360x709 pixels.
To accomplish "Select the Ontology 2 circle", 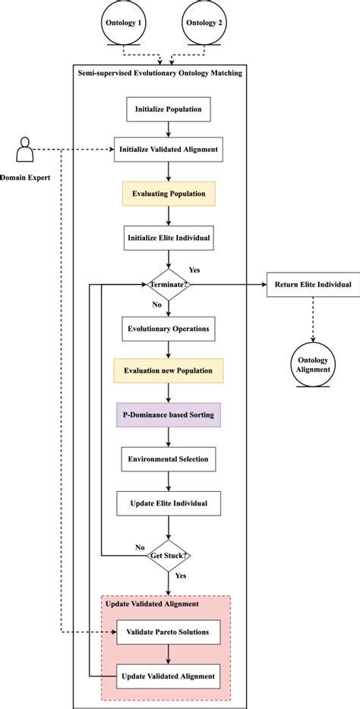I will (x=203, y=23).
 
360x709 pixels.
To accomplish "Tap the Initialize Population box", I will (x=169, y=109).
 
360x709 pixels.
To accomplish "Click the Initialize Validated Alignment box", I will (x=169, y=150).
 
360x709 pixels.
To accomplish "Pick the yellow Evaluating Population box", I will (x=169, y=194).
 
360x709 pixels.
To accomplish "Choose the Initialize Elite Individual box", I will (x=169, y=237).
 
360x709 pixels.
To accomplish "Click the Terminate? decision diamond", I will (x=169, y=285).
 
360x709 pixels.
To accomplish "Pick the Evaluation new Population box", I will (x=169, y=370).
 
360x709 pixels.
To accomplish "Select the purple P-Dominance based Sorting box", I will (x=169, y=415).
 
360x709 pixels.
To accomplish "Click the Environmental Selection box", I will (x=169, y=459).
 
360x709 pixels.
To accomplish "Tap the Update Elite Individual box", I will (x=169, y=503).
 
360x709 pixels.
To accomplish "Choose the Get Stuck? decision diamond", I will (x=169, y=555).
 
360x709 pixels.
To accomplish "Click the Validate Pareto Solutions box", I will (x=169, y=632).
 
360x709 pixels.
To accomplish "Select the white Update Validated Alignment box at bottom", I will (x=169, y=676).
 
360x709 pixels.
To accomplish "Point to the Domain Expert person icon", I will (x=25, y=150).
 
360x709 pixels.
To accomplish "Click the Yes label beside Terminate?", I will (x=194, y=269).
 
